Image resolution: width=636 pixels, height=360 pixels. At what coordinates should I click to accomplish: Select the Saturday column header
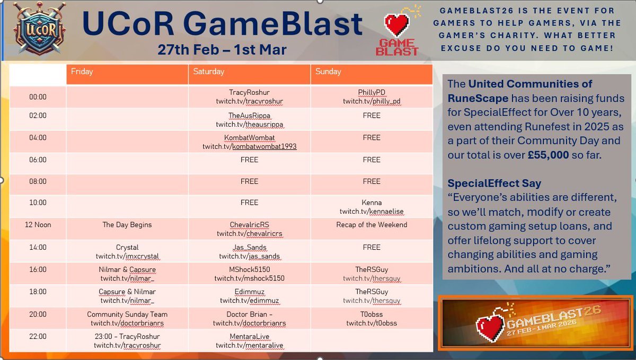click(249, 72)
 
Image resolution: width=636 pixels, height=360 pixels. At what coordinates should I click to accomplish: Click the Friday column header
click(127, 72)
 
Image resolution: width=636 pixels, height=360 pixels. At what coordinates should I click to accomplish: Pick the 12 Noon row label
click(38, 225)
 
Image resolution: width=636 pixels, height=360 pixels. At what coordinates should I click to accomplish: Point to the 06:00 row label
click(38, 160)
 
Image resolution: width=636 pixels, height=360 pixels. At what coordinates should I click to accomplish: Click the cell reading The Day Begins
click(127, 225)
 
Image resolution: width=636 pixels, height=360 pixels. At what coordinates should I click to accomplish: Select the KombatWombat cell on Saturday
click(249, 142)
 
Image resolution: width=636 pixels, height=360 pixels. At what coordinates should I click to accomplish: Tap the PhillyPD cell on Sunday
click(372, 97)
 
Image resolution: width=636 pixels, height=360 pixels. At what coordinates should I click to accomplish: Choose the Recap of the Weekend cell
click(372, 225)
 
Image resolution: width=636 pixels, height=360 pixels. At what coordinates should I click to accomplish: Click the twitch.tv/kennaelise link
click(372, 212)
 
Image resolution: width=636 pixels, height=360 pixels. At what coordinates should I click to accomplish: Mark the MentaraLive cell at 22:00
click(249, 340)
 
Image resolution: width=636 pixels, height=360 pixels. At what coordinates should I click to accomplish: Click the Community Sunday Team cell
click(127, 318)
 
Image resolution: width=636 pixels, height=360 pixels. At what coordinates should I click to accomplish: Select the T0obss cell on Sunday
click(372, 318)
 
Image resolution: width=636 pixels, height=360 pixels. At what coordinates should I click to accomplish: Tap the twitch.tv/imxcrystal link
click(127, 257)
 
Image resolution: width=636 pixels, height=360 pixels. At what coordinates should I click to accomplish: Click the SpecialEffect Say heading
click(494, 183)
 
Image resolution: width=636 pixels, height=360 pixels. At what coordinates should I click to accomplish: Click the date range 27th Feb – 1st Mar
click(222, 50)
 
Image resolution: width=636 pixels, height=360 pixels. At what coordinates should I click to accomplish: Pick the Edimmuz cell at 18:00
click(249, 296)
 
